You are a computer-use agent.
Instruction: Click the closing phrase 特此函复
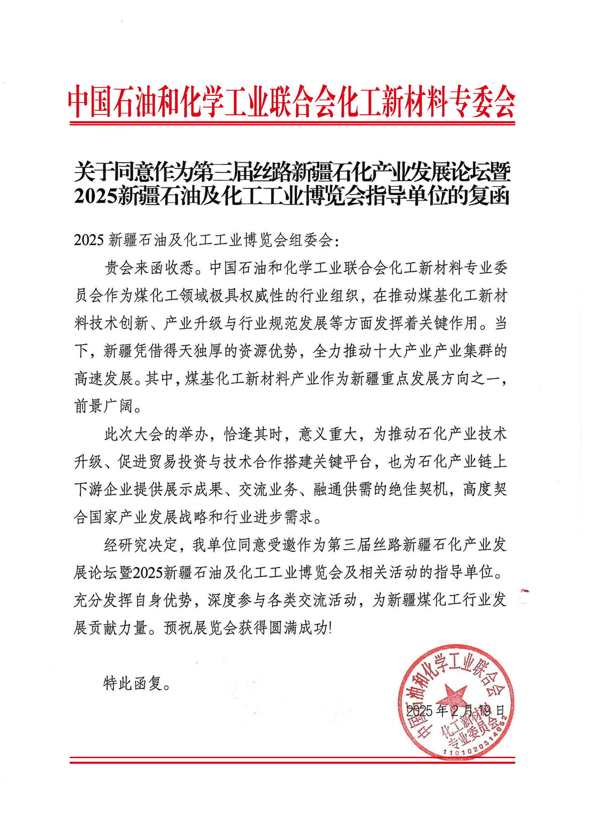click(136, 683)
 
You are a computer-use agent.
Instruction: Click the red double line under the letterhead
click(292, 124)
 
